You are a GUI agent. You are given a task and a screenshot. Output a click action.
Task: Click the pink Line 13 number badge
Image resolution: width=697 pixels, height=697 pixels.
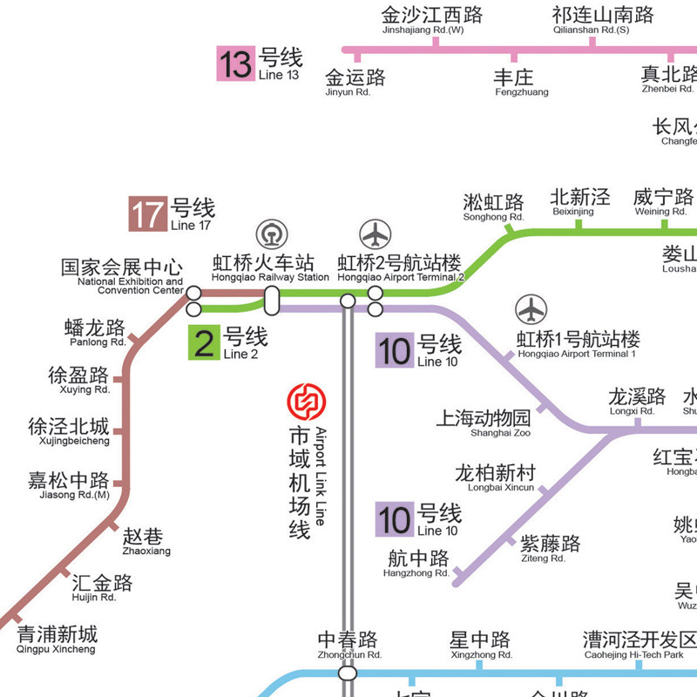tap(235, 64)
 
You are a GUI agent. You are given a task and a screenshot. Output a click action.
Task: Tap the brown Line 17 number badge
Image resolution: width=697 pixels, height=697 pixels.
tap(147, 213)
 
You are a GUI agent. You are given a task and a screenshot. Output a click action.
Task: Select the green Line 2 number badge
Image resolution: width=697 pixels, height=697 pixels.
tap(205, 342)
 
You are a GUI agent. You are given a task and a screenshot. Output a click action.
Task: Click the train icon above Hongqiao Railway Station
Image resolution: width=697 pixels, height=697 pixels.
tap(271, 234)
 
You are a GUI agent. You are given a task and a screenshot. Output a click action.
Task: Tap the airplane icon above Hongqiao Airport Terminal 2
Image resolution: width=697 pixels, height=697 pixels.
tap(376, 234)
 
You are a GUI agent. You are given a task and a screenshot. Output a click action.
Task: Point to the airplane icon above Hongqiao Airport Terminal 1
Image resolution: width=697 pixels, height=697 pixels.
tap(531, 309)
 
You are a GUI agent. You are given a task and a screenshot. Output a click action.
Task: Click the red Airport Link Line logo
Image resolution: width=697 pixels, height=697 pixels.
tap(305, 402)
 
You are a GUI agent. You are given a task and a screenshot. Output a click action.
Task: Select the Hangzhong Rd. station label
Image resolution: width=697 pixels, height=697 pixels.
tap(418, 563)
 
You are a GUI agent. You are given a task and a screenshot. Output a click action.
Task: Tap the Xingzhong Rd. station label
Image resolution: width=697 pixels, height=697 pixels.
tap(480, 646)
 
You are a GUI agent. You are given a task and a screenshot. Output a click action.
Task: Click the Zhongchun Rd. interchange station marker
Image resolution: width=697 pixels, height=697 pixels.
tap(348, 673)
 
